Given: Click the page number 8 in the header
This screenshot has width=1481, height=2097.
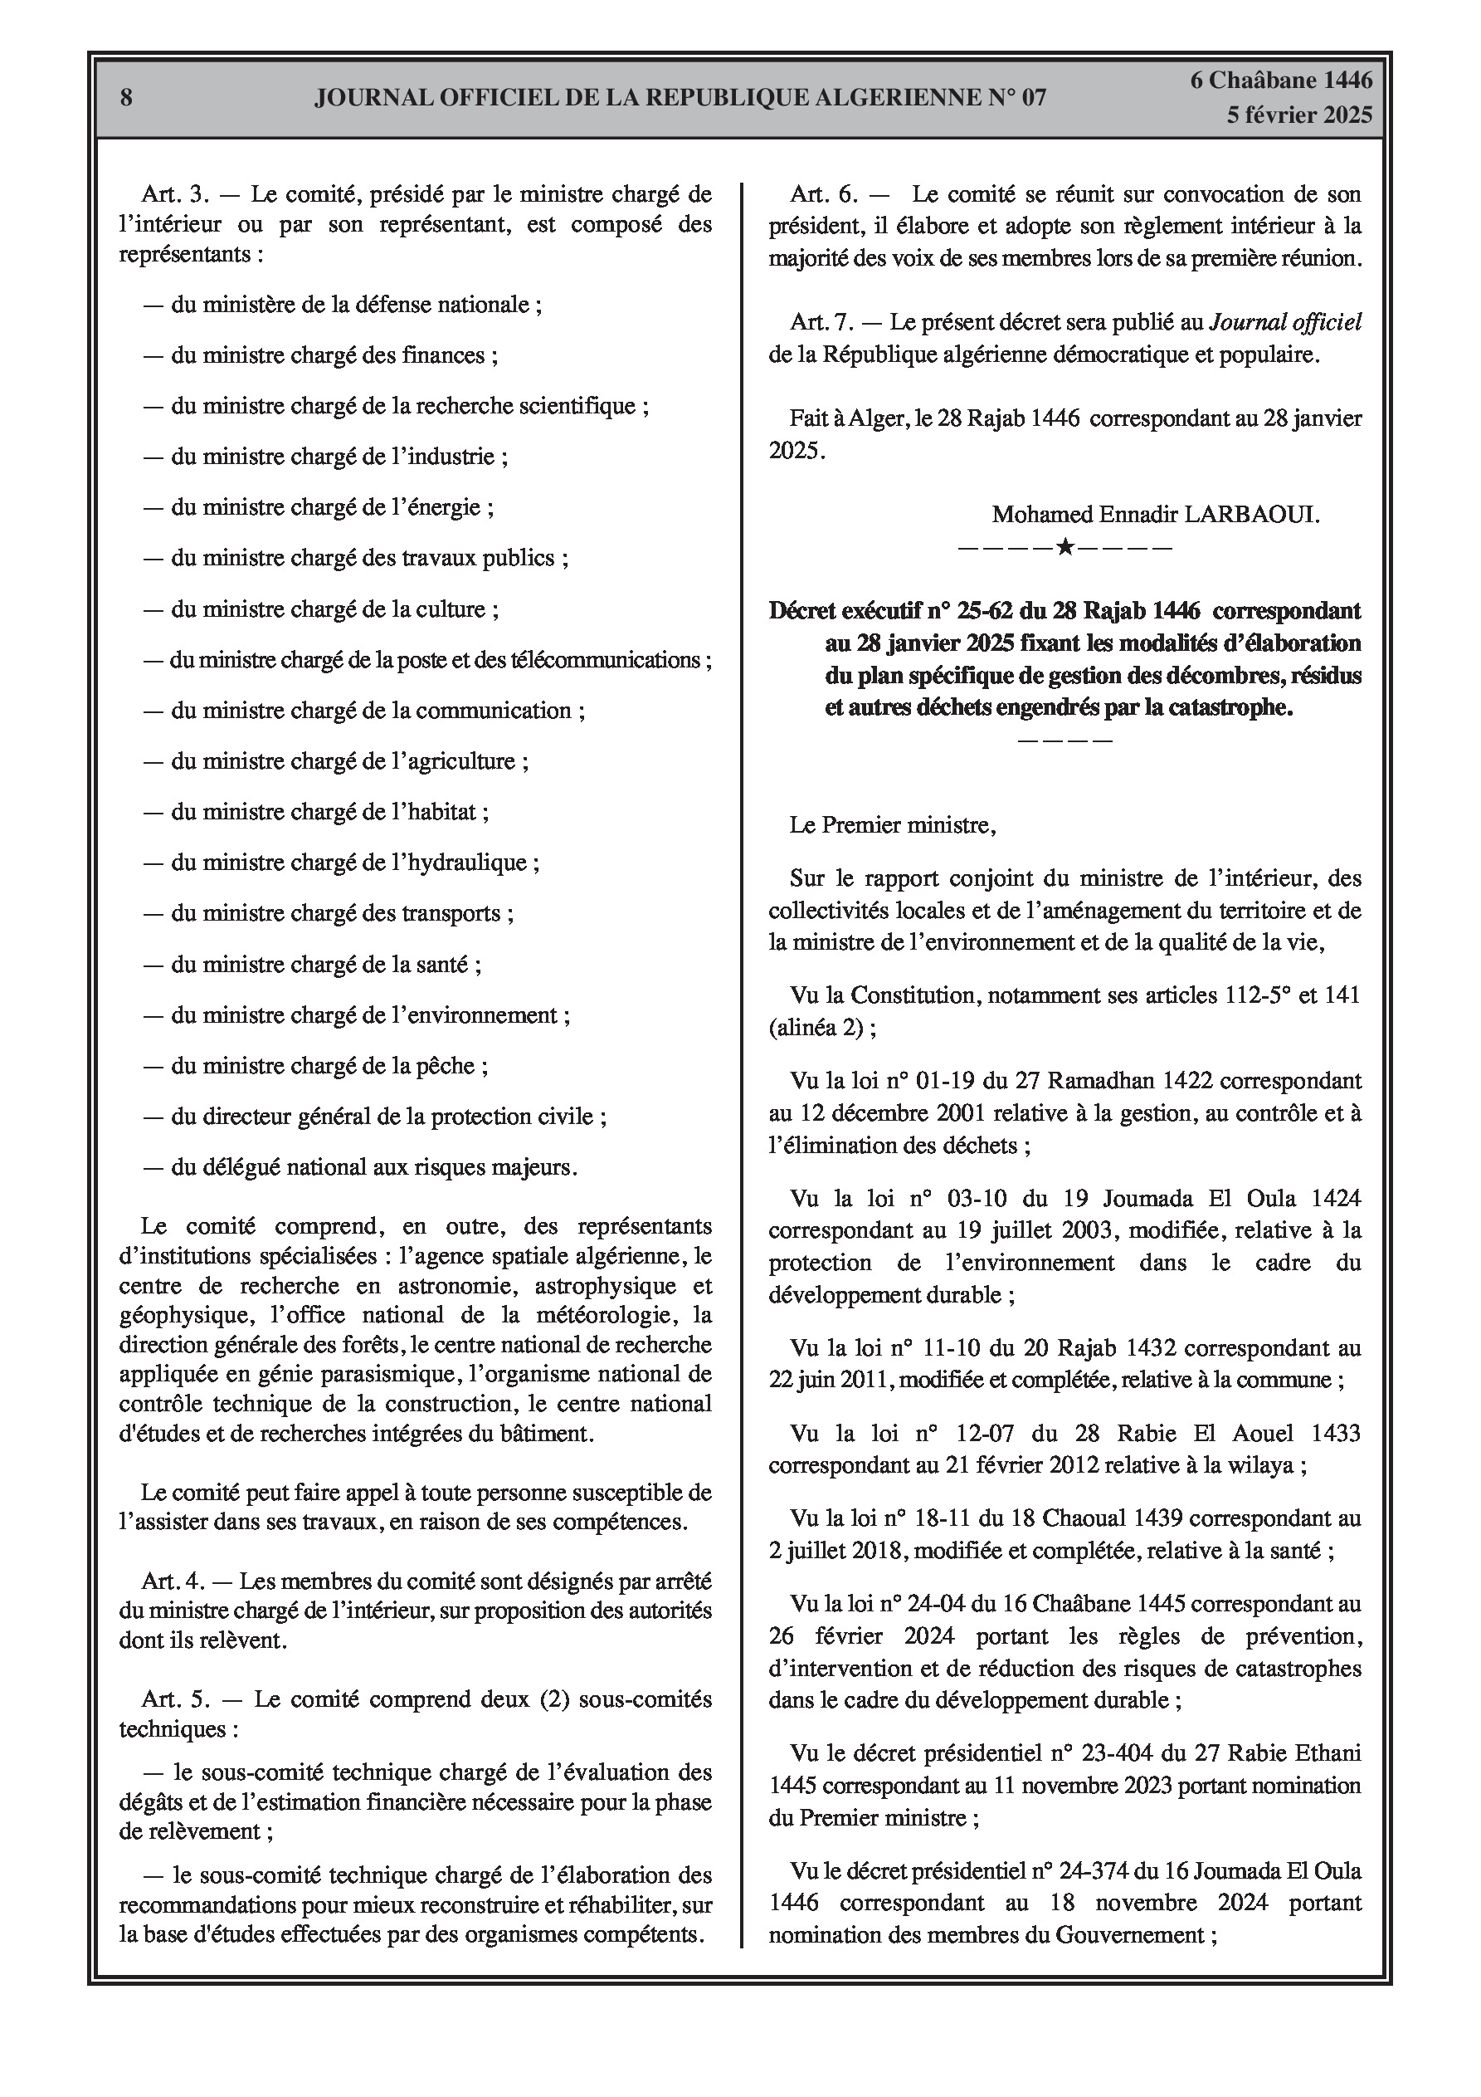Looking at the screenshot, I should (x=126, y=98).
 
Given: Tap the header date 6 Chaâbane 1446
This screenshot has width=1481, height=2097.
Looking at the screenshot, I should (x=1281, y=81).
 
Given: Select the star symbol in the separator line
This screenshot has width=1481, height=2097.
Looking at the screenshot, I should (x=1064, y=548).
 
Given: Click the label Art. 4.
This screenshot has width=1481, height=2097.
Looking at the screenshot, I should (x=173, y=1581).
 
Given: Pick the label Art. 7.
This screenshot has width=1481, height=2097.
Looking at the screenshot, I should (x=821, y=322).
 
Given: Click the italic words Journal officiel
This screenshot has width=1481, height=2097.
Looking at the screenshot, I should (x=1285, y=322).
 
